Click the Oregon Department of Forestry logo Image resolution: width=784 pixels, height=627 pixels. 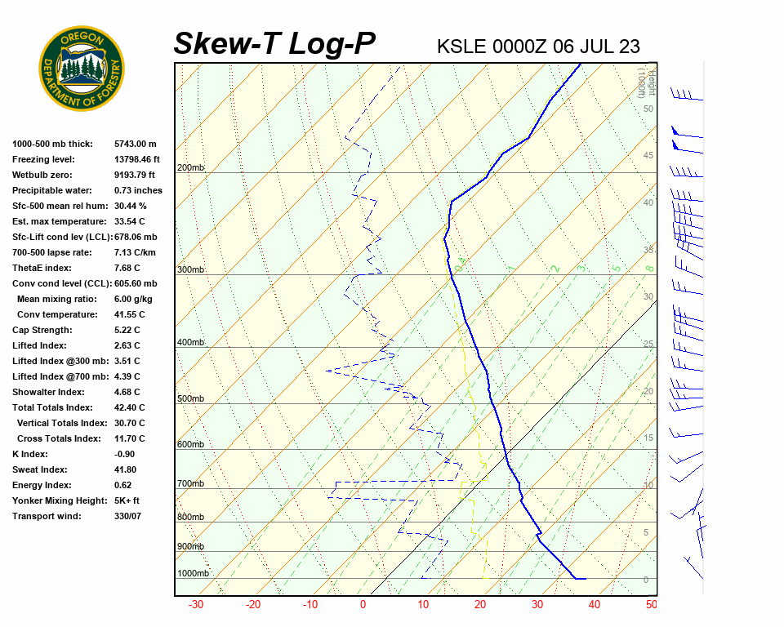coord(82,69)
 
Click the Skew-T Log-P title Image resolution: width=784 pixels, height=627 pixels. coord(274,43)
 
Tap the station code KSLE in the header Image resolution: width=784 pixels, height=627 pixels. coord(462,46)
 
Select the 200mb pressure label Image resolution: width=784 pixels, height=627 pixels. coord(191,168)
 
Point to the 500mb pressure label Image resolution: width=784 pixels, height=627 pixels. coord(191,399)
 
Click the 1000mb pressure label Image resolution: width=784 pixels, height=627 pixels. coord(194,574)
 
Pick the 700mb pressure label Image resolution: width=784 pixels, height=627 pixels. coord(191,484)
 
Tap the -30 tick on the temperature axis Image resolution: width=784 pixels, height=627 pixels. coord(196,605)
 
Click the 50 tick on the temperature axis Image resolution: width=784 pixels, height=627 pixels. coord(651,605)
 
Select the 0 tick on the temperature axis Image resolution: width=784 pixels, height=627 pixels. coord(363,605)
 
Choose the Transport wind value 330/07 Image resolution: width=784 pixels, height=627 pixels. coord(128,516)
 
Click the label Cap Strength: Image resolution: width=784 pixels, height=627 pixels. coord(42,330)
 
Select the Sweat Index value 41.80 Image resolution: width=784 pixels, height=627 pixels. coord(126,469)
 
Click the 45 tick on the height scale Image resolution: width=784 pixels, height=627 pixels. coord(648,156)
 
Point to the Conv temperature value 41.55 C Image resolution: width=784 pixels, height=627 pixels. coord(130,314)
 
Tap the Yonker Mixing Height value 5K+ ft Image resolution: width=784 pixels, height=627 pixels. coord(127,500)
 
